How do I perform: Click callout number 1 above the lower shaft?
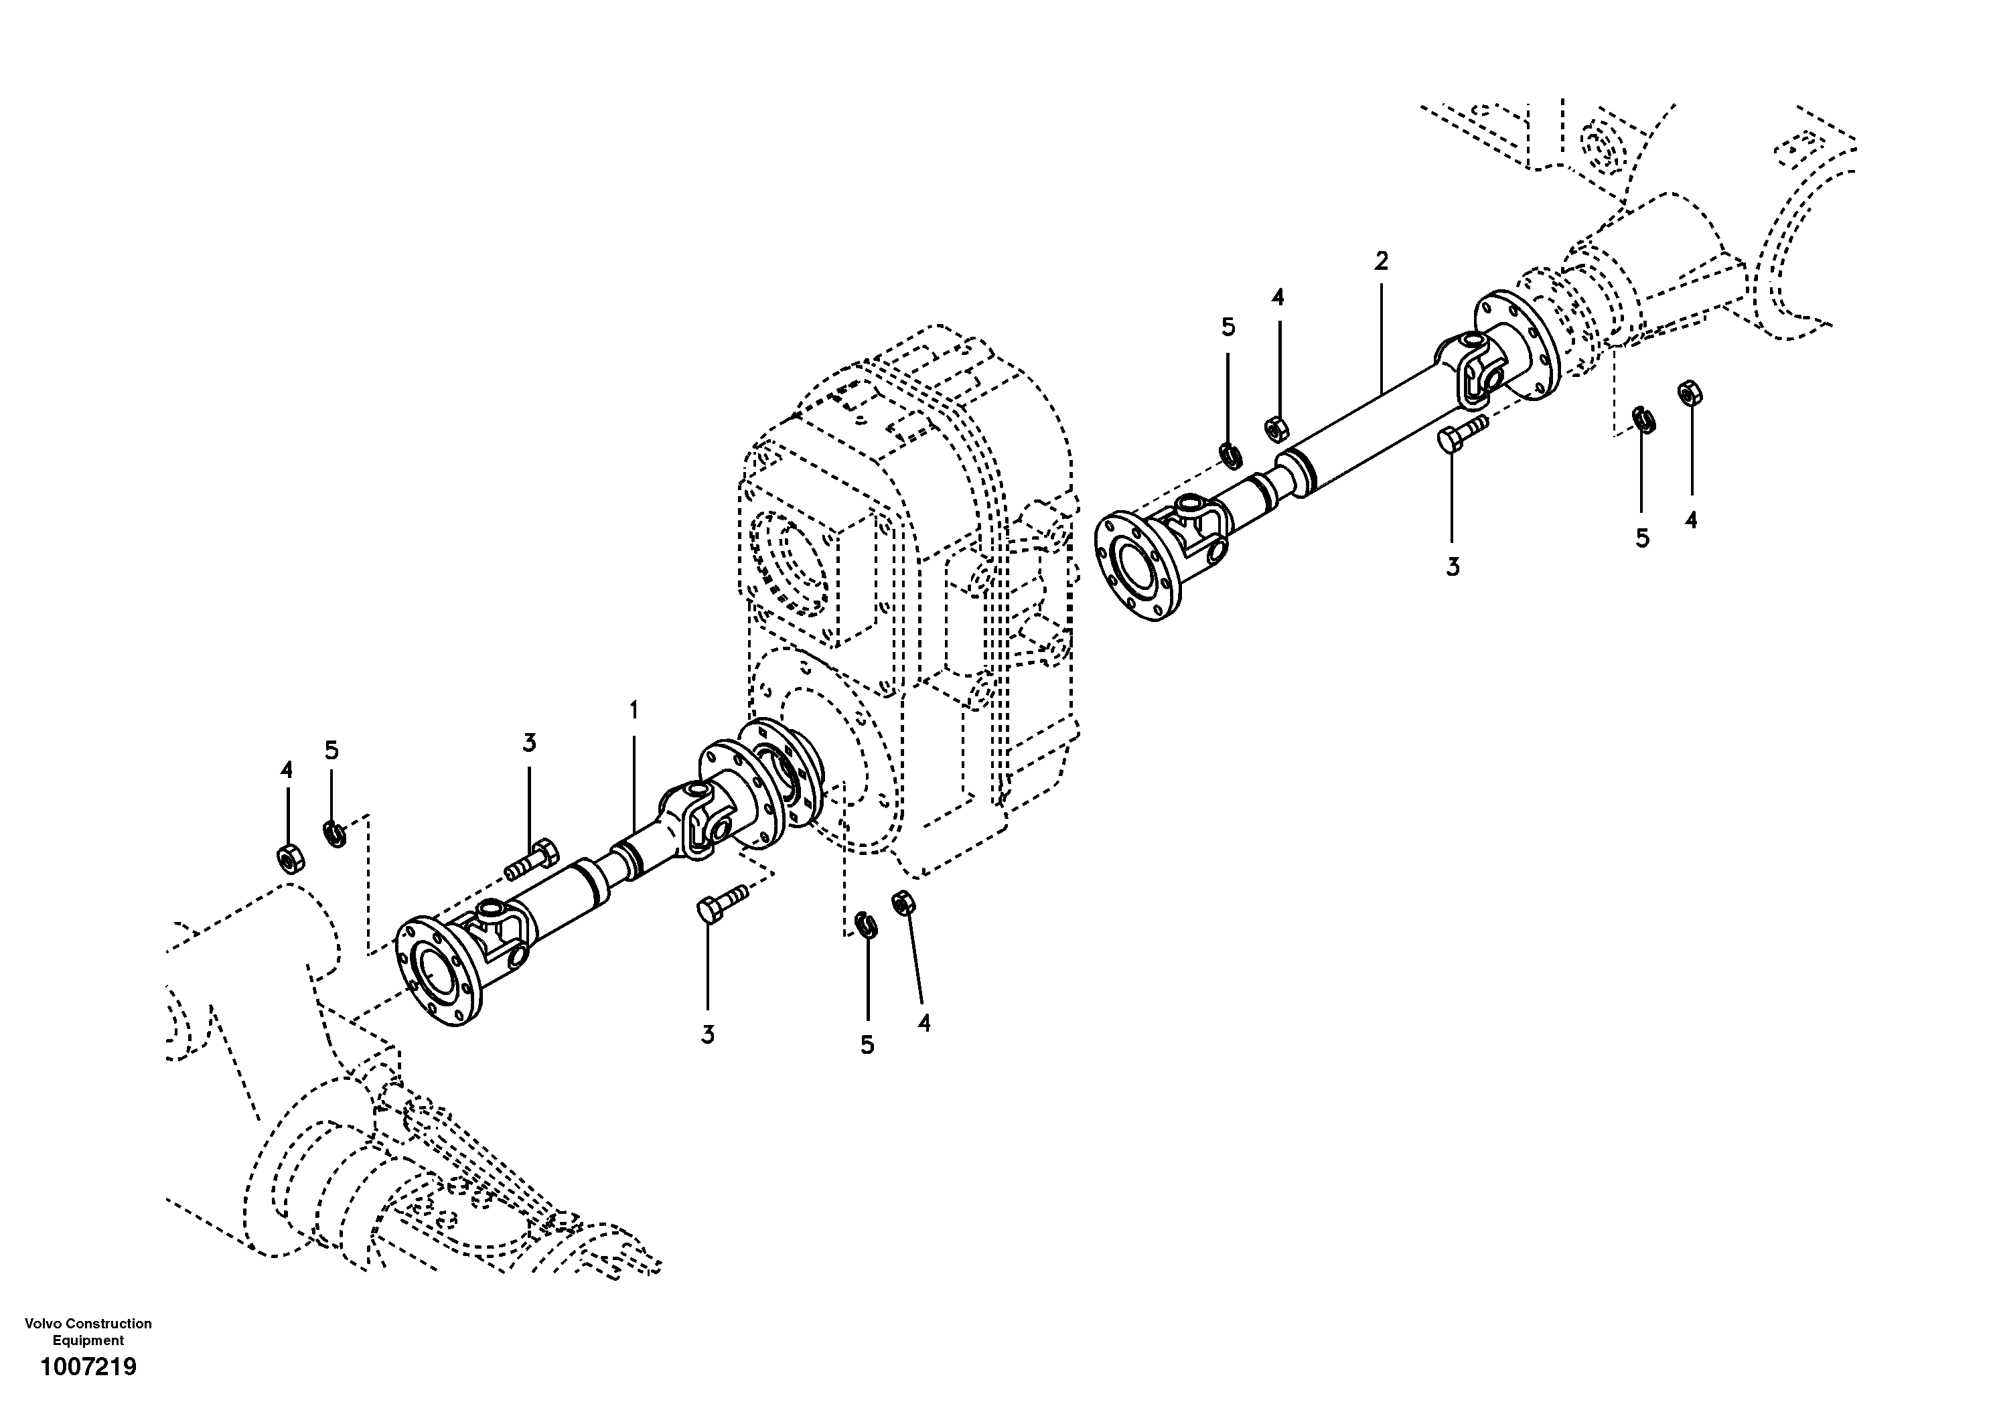pyautogui.click(x=634, y=711)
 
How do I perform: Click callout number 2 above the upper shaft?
pyautogui.click(x=1381, y=260)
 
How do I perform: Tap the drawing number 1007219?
pyautogui.click(x=88, y=1368)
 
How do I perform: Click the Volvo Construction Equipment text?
pyautogui.click(x=88, y=1332)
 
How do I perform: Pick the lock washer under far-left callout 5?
pyautogui.click(x=334, y=833)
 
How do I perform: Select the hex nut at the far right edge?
pyautogui.click(x=1689, y=393)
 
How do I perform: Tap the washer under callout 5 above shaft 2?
pyautogui.click(x=1229, y=453)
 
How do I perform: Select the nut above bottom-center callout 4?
pyautogui.click(x=903, y=903)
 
